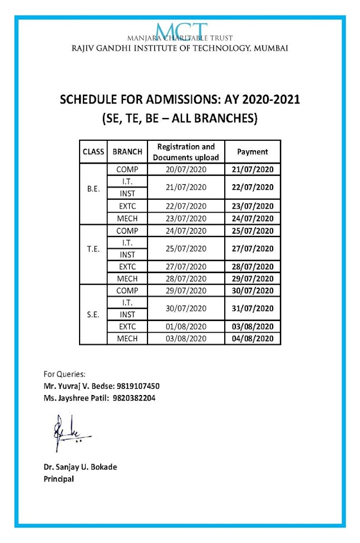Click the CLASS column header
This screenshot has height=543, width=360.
(94, 151)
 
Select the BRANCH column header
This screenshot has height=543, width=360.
(127, 151)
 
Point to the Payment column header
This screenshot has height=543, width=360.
(253, 151)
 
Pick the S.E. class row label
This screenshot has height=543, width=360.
(94, 314)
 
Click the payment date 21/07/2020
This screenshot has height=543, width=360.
(253, 170)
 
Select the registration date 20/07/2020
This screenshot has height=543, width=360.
(186, 170)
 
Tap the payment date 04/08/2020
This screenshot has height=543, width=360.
(253, 339)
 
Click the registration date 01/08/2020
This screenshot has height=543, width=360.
(186, 327)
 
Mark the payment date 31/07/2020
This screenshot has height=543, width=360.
(253, 308)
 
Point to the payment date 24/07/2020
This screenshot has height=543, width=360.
(253, 218)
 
